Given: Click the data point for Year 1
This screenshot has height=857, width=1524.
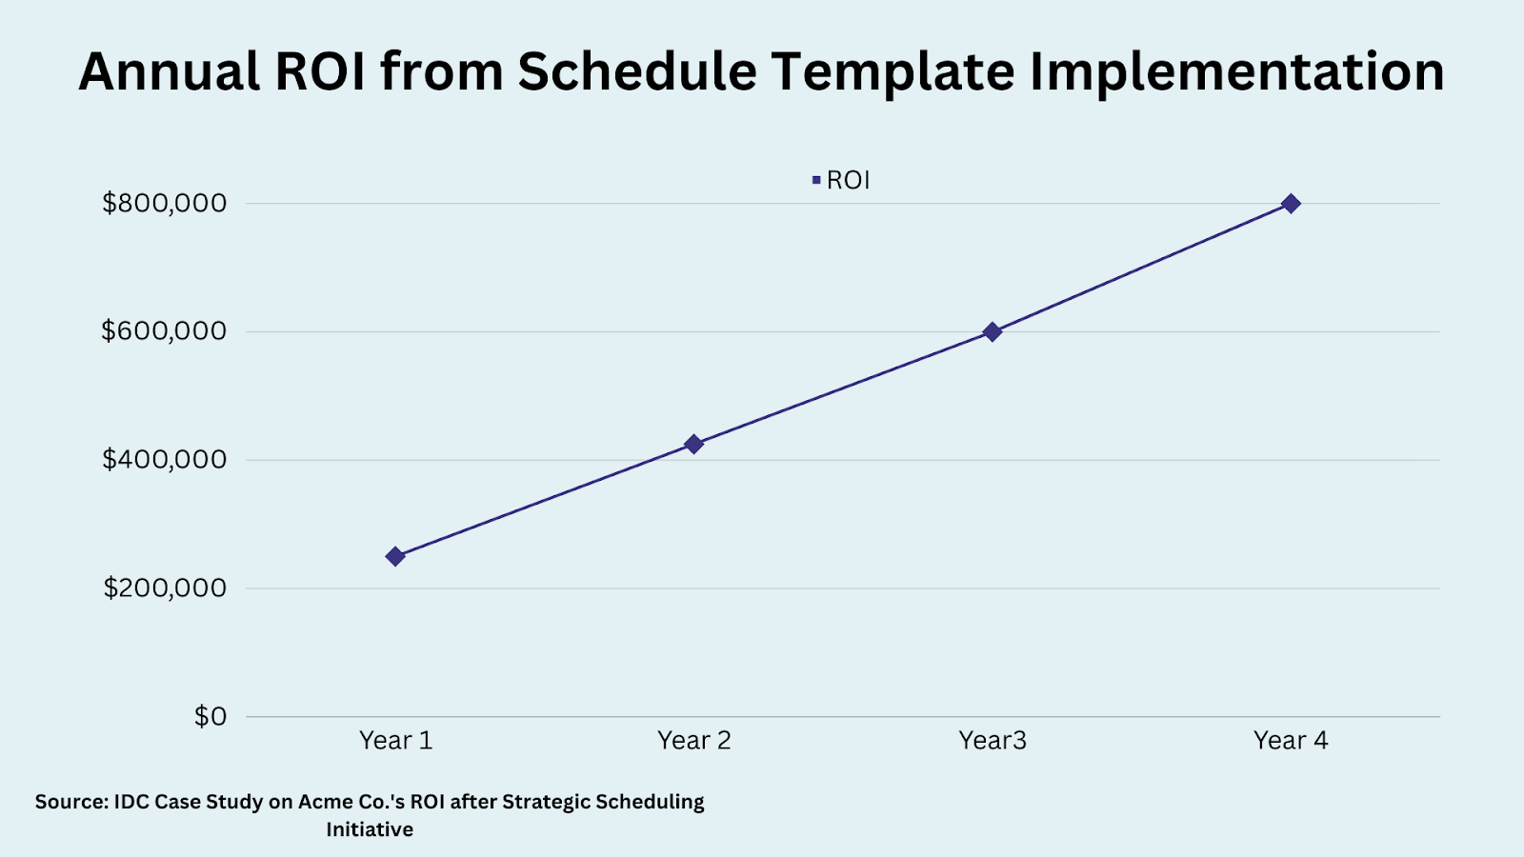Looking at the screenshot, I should click(395, 556).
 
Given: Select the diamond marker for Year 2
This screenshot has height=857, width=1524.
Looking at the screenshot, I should click(693, 444).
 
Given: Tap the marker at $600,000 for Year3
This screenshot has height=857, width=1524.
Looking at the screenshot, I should click(992, 331).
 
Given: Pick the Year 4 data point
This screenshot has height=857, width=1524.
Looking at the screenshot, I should click(1291, 204).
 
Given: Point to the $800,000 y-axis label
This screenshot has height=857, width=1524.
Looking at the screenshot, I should click(165, 203).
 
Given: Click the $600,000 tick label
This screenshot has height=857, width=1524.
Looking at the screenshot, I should click(165, 331).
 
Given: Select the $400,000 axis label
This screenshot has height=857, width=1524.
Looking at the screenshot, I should click(165, 460).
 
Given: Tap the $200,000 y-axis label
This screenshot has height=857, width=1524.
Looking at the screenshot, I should click(165, 588).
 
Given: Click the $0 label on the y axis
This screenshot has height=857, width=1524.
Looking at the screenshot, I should click(211, 716).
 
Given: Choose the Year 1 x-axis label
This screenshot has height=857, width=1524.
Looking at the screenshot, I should click(395, 741).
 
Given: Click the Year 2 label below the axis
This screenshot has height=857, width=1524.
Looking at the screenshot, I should click(693, 741).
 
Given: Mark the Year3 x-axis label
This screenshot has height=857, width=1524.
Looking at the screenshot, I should click(992, 741).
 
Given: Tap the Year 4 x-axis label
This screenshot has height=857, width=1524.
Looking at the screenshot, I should click(1291, 741).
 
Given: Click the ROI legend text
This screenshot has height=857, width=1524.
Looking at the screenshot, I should click(848, 180).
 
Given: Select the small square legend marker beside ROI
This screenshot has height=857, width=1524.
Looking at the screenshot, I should click(816, 180).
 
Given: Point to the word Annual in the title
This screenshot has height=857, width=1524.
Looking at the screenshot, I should click(170, 72).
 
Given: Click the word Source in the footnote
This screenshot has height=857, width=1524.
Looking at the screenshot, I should click(71, 802).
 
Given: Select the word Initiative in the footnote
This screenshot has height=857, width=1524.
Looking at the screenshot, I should click(370, 829).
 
